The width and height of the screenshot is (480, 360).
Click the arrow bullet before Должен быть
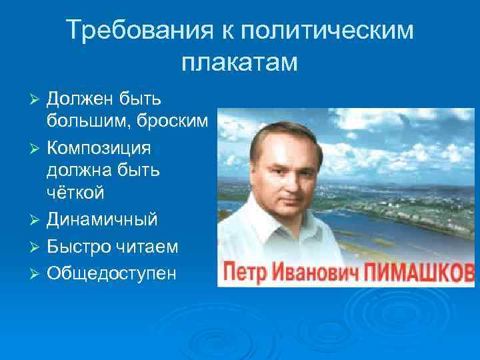tap(37, 99)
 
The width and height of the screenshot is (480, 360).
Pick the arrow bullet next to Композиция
tap(37, 147)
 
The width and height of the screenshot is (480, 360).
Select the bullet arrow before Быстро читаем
tap(37, 247)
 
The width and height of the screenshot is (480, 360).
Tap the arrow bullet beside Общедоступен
tap(37, 273)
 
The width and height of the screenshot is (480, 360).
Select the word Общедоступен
tap(111, 273)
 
